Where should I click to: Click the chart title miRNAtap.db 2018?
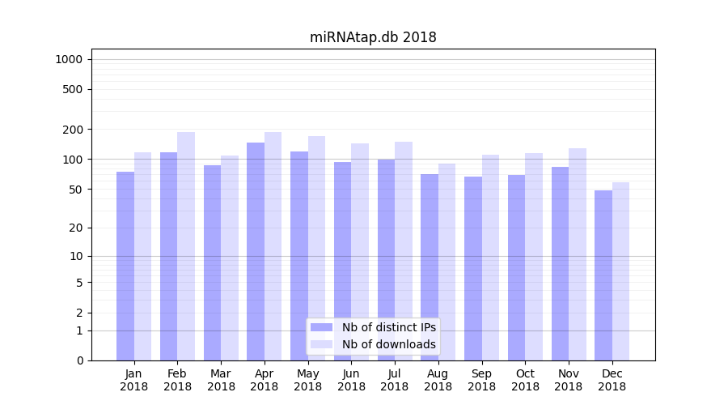[373, 37]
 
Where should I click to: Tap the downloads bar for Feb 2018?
[186, 246]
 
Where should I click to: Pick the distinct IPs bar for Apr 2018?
[256, 251]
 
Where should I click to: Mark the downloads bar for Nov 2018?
[578, 254]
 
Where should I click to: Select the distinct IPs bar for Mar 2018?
[212, 262]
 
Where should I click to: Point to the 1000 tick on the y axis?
[69, 59]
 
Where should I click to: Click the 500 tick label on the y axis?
[73, 89]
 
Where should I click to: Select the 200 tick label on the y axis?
[73, 130]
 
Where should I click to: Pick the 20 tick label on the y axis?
[76, 228]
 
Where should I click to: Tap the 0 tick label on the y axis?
[79, 360]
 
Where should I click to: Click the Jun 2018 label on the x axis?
[351, 380]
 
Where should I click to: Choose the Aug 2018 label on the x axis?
[438, 380]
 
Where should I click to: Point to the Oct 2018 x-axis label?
[525, 380]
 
